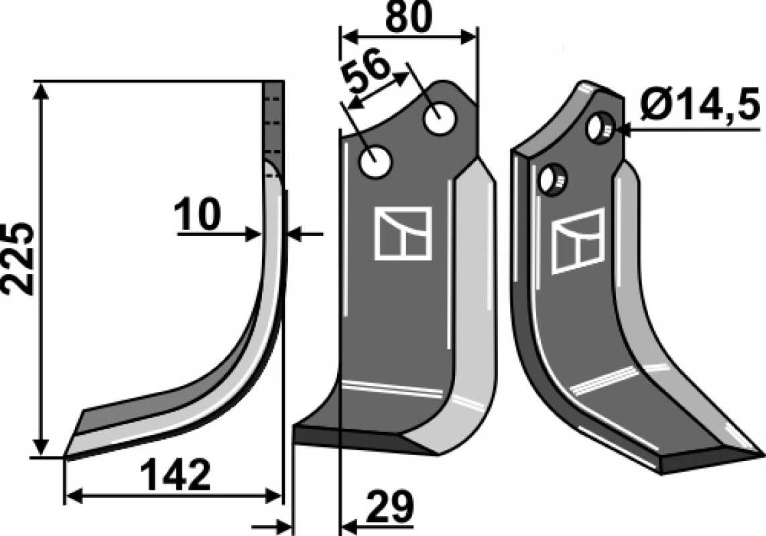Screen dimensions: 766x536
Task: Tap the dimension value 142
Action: click(x=175, y=474)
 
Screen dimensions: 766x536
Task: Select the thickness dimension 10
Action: click(x=197, y=215)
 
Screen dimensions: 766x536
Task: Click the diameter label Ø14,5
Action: click(x=700, y=106)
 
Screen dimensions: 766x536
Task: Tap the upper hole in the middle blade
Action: click(x=440, y=118)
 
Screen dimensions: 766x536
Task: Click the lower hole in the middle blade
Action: click(x=375, y=162)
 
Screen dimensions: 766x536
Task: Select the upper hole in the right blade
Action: click(x=599, y=128)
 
